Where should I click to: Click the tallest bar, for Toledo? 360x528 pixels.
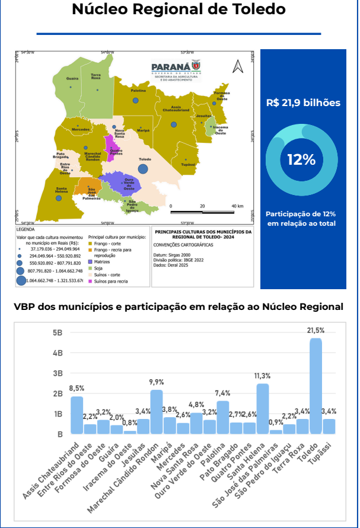pos(316,386)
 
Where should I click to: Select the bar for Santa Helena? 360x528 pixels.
pos(263,409)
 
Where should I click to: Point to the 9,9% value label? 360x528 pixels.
pos(157,382)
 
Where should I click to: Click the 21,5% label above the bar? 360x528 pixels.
pos(316,330)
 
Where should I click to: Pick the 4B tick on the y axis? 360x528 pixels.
pos(58,353)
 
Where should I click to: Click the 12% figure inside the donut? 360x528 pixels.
pos(301,159)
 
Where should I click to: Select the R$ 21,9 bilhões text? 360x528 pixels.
pos(303,103)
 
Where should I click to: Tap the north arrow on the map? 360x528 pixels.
pos(238,66)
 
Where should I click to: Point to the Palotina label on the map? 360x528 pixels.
pos(138,91)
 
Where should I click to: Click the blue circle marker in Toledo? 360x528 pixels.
pos(143,169)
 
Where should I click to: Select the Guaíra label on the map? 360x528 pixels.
pos(72,79)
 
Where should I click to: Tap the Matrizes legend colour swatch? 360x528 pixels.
pos(90,261)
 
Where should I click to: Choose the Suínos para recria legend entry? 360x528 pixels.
pos(111,281)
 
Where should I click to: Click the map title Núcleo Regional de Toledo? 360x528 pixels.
pos(179,10)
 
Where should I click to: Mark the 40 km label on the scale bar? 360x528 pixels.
pos(237,206)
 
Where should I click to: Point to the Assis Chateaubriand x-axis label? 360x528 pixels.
pos(59,468)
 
